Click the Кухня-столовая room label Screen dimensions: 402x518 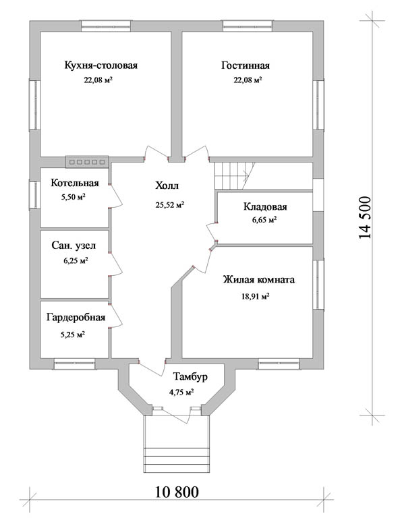(x=100, y=65)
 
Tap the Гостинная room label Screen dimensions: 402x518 (x=246, y=65)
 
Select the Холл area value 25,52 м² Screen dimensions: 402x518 (x=170, y=205)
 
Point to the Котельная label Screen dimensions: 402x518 (x=75, y=183)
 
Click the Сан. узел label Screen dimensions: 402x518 (x=74, y=246)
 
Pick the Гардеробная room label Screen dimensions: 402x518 (x=76, y=318)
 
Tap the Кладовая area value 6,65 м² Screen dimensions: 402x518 (x=264, y=220)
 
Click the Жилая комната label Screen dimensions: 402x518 (x=258, y=280)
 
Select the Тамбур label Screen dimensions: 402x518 (x=190, y=376)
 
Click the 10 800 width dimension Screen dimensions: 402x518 (x=177, y=492)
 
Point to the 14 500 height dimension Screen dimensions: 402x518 (x=365, y=218)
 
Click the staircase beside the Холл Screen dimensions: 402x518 (x=235, y=176)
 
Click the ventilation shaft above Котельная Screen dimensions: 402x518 (x=87, y=162)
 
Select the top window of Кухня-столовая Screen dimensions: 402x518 (x=106, y=26)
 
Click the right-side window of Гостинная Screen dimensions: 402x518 (x=319, y=105)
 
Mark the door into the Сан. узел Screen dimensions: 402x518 (x=115, y=264)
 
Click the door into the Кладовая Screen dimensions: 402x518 (x=212, y=231)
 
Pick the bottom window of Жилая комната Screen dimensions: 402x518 (x=279, y=364)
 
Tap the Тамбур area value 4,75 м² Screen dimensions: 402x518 (x=181, y=393)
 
